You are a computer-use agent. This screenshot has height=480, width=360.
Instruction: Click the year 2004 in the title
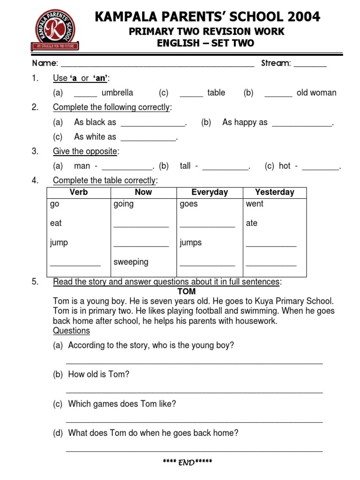pyautogui.click(x=302, y=17)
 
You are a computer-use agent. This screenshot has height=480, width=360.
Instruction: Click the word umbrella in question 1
pyautogui.click(x=117, y=93)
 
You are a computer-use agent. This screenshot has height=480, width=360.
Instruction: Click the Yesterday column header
pyautogui.click(x=274, y=192)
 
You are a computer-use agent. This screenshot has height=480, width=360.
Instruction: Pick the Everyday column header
pyautogui.click(x=210, y=192)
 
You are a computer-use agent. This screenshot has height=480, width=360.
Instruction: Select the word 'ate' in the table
pyautogui.click(x=252, y=223)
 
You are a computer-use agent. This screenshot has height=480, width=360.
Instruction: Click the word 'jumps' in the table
pyautogui.click(x=191, y=242)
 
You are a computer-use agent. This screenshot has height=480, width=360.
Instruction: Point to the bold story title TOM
pyautogui.click(x=187, y=292)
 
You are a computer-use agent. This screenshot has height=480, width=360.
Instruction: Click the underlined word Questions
pyautogui.click(x=71, y=331)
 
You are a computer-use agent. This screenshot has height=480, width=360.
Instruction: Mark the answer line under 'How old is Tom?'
pyautogui.click(x=194, y=392)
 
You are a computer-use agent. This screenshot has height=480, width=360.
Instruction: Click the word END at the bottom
pyautogui.click(x=186, y=463)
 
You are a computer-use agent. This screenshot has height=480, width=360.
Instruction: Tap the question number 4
pyautogui.click(x=35, y=180)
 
